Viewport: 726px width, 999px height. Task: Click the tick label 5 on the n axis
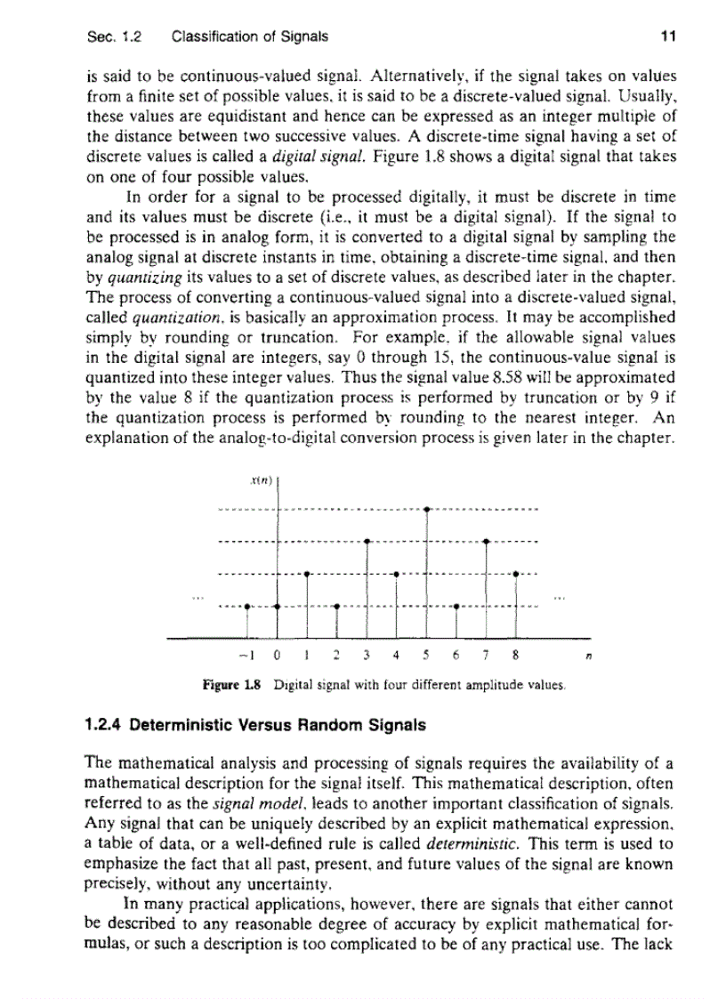pyautogui.click(x=427, y=659)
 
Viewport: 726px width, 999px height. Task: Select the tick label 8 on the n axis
pyautogui.click(x=516, y=659)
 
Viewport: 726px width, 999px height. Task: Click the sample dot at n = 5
pyautogui.click(x=428, y=510)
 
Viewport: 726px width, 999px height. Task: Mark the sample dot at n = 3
pyautogui.click(x=367, y=541)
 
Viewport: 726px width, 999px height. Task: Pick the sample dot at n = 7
pyautogui.click(x=487, y=541)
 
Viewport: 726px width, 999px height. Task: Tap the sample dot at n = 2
pyautogui.click(x=336, y=607)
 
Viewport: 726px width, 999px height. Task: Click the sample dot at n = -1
pyautogui.click(x=248, y=607)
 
